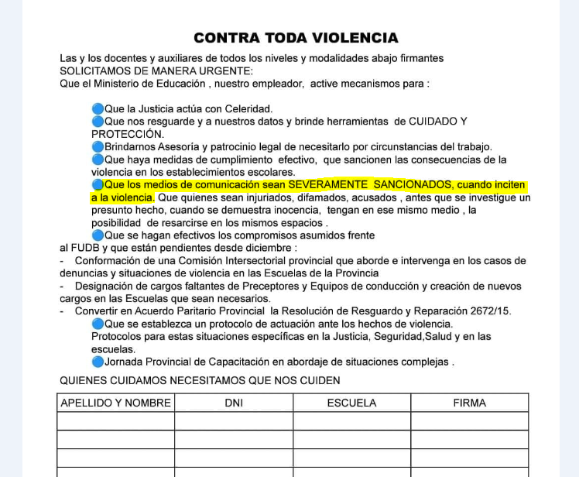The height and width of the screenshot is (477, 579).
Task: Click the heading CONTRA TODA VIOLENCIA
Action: click(x=296, y=38)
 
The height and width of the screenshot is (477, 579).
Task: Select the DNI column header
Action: click(x=233, y=403)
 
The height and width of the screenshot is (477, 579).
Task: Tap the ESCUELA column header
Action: click(x=351, y=403)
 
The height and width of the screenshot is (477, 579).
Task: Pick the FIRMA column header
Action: click(x=469, y=403)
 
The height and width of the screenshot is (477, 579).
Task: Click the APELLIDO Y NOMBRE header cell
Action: click(x=115, y=403)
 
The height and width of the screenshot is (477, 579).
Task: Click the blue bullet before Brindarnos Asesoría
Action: click(x=98, y=146)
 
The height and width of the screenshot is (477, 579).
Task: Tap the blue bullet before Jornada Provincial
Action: click(x=98, y=362)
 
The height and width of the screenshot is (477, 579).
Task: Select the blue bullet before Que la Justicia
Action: click(x=98, y=109)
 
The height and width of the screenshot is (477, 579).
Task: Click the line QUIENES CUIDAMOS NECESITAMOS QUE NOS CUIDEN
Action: click(x=200, y=380)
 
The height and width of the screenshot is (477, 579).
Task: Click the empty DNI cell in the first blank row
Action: click(x=233, y=421)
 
